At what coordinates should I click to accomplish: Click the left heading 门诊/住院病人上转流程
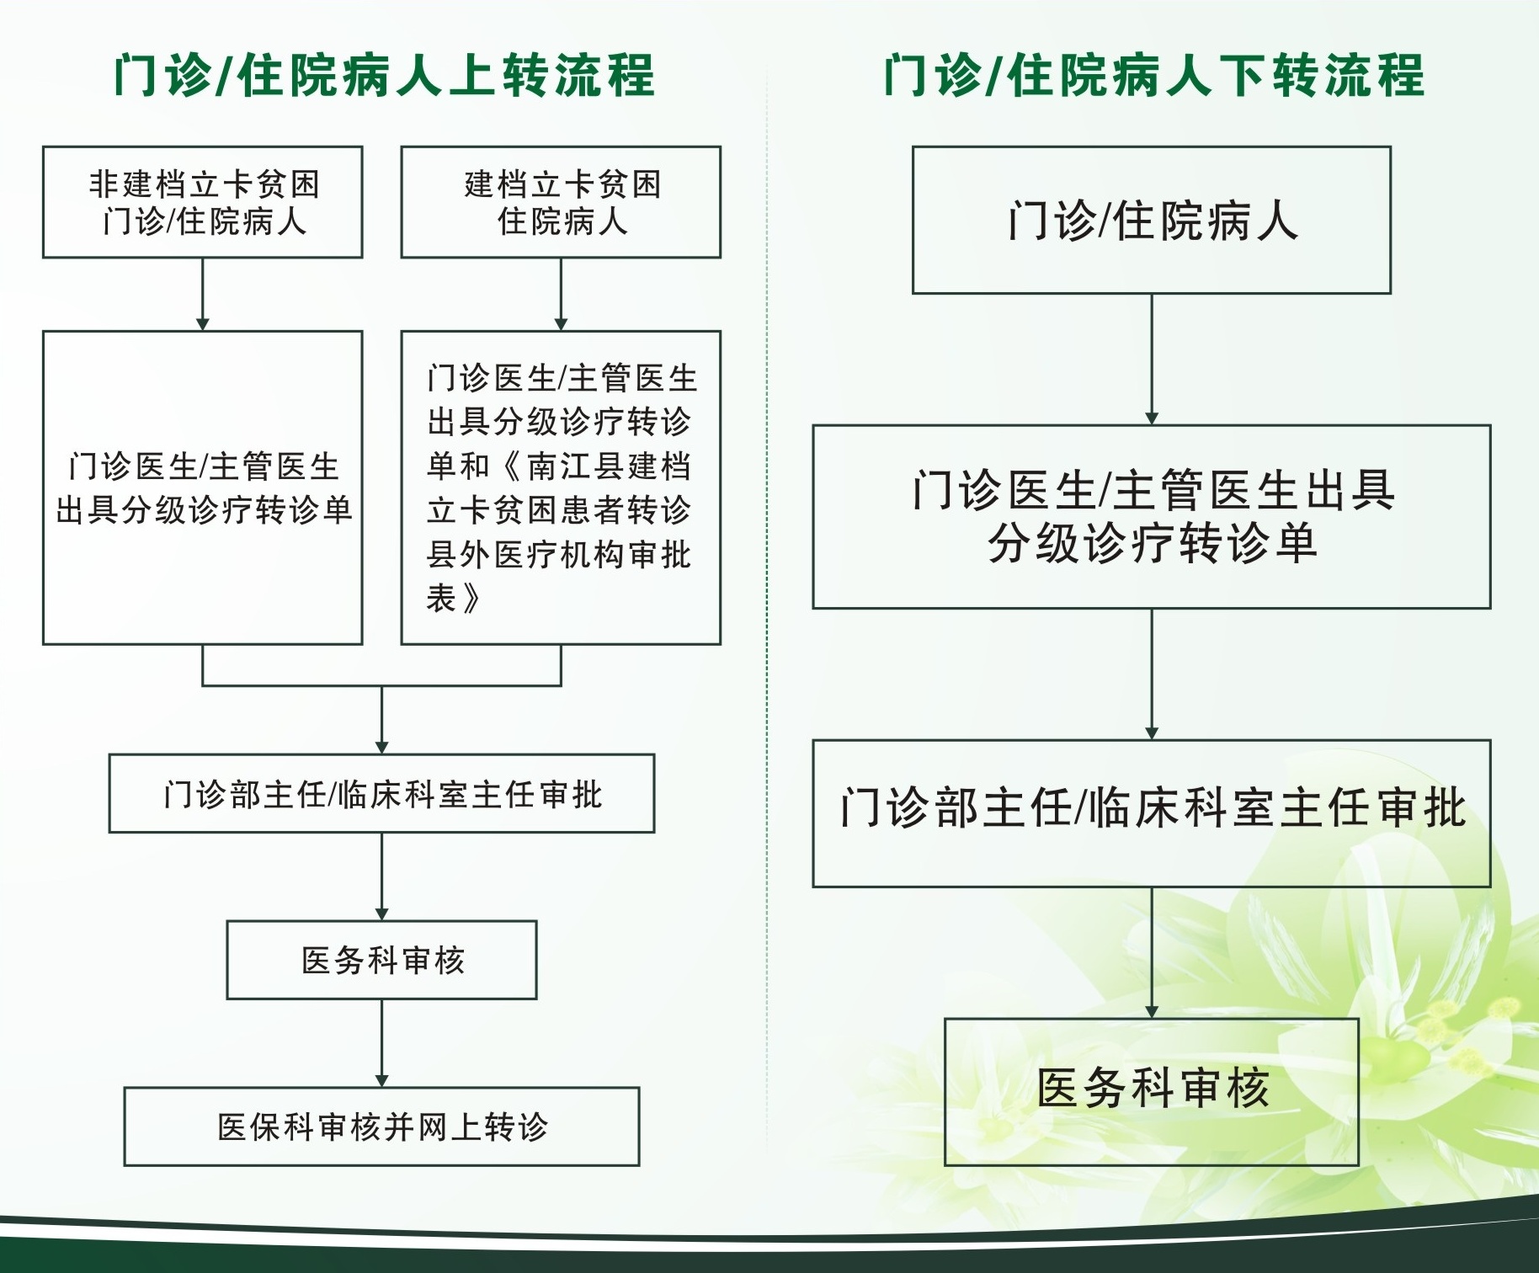pyautogui.click(x=384, y=76)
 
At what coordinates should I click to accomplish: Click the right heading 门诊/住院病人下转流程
pyautogui.click(x=1153, y=76)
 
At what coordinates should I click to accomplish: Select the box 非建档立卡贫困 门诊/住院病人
pyautogui.click(x=203, y=202)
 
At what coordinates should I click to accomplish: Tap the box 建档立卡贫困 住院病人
pyautogui.click(x=561, y=202)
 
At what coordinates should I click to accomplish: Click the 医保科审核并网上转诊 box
pyautogui.click(x=381, y=1127)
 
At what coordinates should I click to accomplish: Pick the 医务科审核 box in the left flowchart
pyautogui.click(x=381, y=960)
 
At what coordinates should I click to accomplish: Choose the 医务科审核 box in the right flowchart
pyautogui.click(x=1152, y=1092)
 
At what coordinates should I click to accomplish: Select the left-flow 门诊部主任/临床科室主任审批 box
pyautogui.click(x=381, y=793)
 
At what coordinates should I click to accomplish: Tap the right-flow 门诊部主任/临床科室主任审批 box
pyautogui.click(x=1152, y=813)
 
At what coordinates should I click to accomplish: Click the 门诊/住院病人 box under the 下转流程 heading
pyautogui.click(x=1152, y=220)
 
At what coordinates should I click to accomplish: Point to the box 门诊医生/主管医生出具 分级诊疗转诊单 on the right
pyautogui.click(x=1152, y=517)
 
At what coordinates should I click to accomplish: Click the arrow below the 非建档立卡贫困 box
pyautogui.click(x=203, y=294)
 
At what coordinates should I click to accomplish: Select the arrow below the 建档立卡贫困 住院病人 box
pyautogui.click(x=561, y=294)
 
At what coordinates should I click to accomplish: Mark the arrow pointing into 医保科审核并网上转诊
pyautogui.click(x=381, y=1043)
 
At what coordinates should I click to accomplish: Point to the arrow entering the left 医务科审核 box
pyautogui.click(x=381, y=876)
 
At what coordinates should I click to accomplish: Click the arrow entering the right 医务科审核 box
pyautogui.click(x=1152, y=953)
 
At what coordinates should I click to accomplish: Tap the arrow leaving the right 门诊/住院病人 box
pyautogui.click(x=1152, y=360)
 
